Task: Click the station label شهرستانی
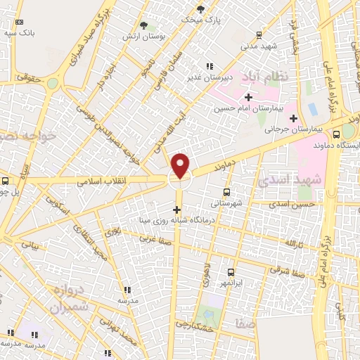click(225, 202)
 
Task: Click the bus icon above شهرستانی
click(226, 191)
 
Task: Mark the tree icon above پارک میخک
click(201, 8)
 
